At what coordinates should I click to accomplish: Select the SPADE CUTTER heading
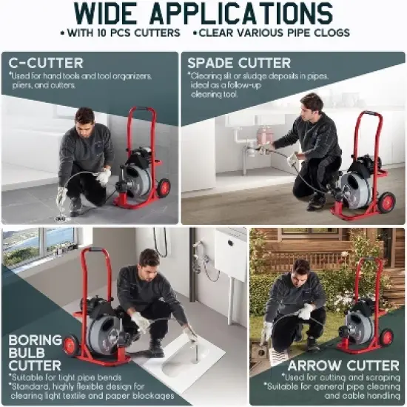pyautogui.click(x=239, y=62)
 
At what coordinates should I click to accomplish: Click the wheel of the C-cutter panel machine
pyautogui.click(x=164, y=188)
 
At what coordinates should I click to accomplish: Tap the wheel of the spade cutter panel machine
pyautogui.click(x=386, y=201)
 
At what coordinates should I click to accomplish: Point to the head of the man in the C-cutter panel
pyautogui.click(x=85, y=117)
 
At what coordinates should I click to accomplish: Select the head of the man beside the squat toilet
pyautogui.click(x=149, y=258)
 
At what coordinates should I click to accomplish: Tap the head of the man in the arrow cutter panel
pyautogui.click(x=300, y=267)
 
